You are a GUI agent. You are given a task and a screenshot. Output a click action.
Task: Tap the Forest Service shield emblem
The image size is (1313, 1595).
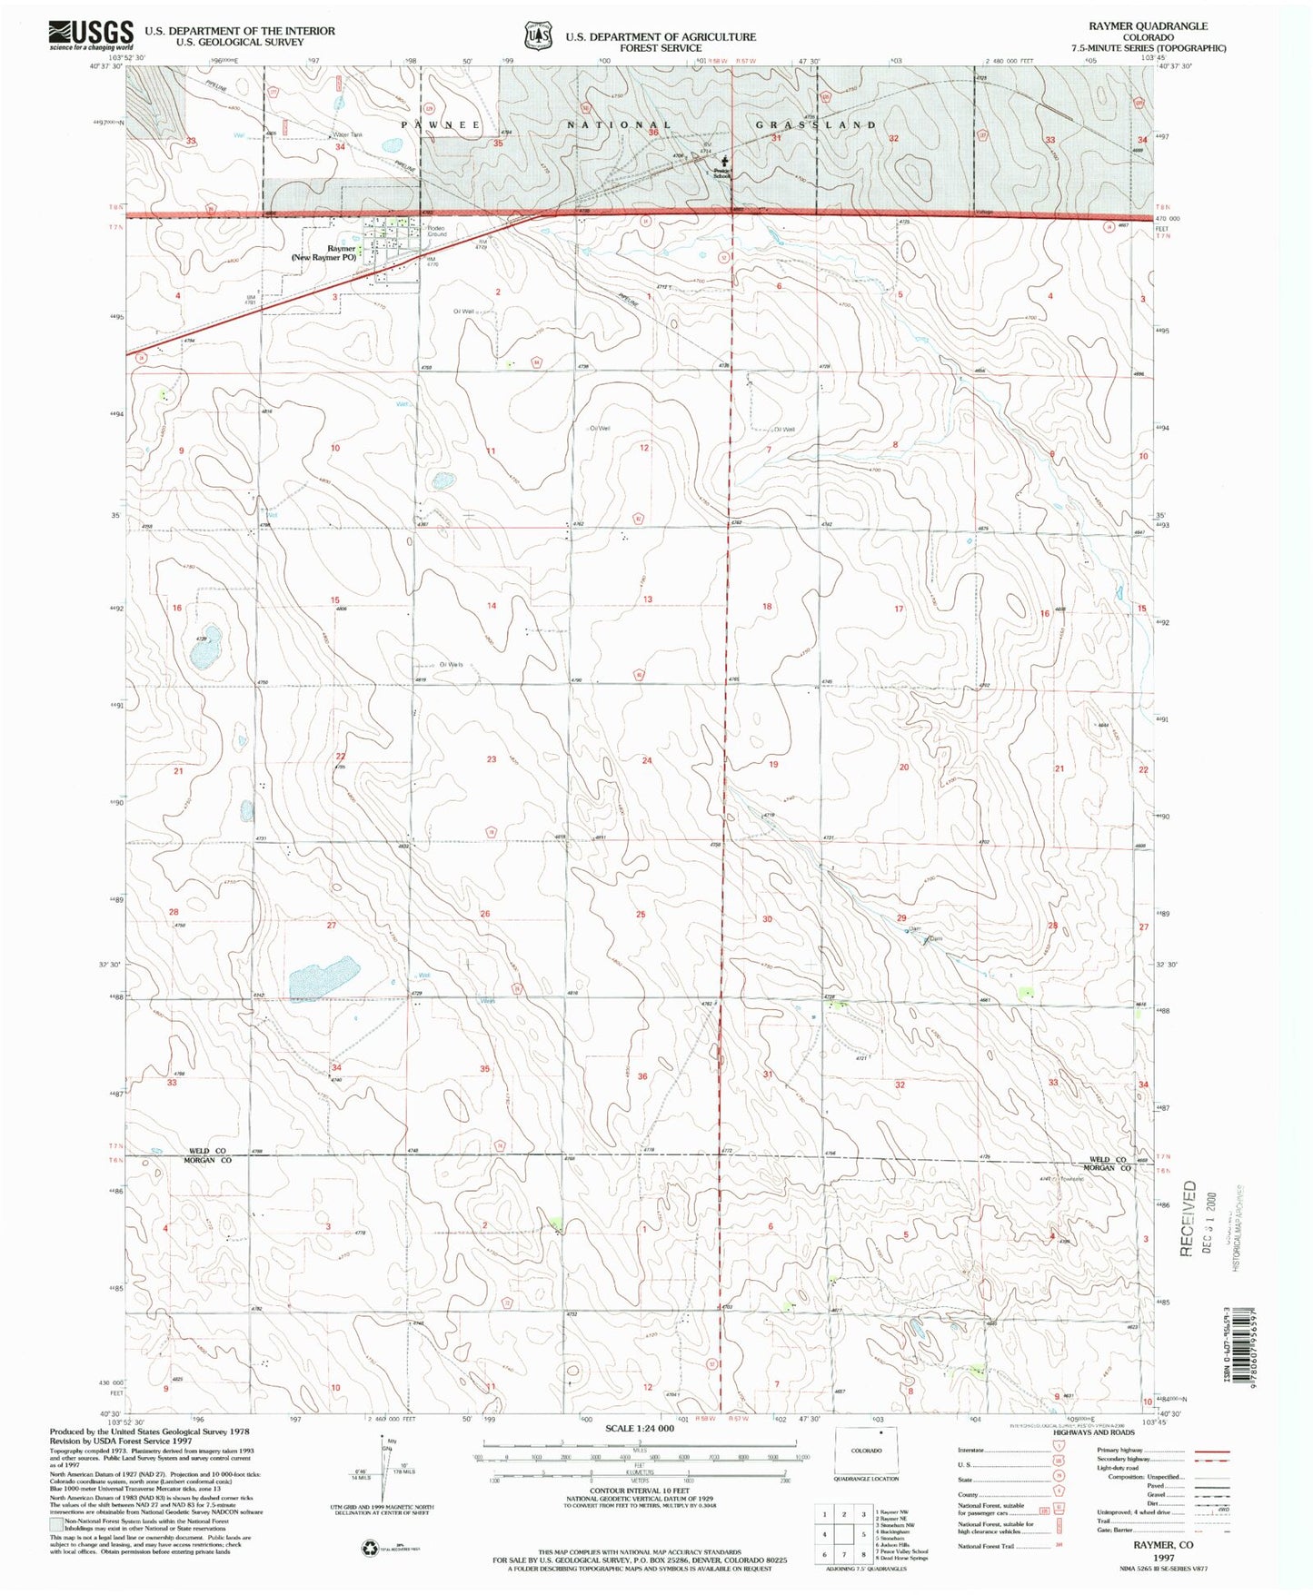(x=538, y=35)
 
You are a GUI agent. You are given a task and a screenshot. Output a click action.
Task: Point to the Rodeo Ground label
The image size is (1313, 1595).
(x=438, y=232)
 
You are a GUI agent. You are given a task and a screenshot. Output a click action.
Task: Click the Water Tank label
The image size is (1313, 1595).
(x=347, y=135)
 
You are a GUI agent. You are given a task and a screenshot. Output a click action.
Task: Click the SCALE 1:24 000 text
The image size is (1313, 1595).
(x=640, y=1429)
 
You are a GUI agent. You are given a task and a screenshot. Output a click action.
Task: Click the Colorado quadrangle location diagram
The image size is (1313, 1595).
(x=866, y=1451)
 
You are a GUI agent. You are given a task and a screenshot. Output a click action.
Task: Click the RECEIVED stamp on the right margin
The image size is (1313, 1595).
(x=1188, y=1217)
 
